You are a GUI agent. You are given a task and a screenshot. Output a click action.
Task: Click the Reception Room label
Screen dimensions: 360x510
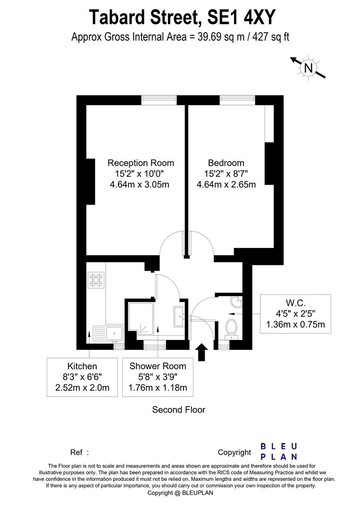(x=141, y=162)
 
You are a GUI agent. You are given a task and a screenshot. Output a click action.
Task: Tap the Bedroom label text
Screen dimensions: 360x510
(x=226, y=162)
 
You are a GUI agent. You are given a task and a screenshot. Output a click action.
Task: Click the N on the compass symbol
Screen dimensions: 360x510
(x=309, y=68)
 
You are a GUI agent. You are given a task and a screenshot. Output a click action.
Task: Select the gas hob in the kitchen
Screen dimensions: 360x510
(x=96, y=280)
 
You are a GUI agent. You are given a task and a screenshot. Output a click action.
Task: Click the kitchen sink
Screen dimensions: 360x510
(x=108, y=334)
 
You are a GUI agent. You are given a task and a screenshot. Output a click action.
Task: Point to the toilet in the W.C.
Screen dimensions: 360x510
(x=231, y=328)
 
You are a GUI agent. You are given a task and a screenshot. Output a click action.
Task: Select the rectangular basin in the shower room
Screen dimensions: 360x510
(x=180, y=316)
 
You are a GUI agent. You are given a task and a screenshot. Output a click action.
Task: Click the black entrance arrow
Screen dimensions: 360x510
(x=202, y=352)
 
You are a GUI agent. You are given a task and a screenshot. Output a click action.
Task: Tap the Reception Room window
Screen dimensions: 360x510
(x=159, y=100)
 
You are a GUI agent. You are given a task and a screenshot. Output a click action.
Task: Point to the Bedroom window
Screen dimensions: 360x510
(x=237, y=100)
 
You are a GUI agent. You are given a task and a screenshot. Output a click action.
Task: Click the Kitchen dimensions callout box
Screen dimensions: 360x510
(x=82, y=377)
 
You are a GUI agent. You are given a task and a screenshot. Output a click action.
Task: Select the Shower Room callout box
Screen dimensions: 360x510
(x=158, y=377)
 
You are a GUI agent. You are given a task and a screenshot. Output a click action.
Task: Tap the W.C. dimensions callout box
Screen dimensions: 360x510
(x=296, y=314)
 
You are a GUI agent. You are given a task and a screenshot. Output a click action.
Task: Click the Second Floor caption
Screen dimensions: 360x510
(x=179, y=409)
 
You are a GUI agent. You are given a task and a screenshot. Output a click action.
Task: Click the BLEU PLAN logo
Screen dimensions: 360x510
(x=279, y=451)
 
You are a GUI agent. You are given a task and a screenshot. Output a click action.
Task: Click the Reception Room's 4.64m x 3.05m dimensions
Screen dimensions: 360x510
(x=140, y=185)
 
